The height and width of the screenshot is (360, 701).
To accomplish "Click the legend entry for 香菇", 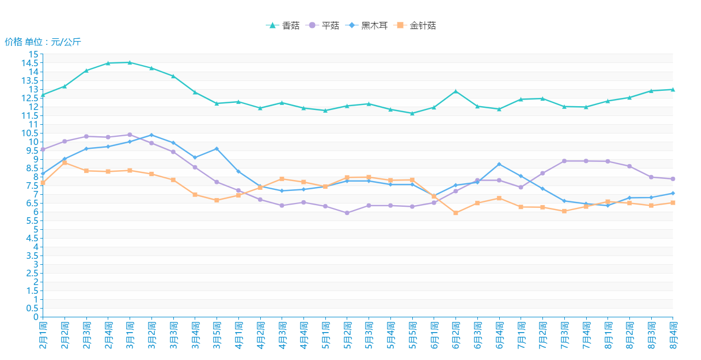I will point(283,26).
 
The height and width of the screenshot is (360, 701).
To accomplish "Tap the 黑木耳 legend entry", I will point(367,26).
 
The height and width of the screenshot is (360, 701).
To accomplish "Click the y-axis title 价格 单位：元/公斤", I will point(43,42).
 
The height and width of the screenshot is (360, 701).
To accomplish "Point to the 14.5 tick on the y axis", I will point(33,63).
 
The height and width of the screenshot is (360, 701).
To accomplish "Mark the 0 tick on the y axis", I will point(36,317).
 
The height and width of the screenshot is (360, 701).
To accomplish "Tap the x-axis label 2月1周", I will point(43,335).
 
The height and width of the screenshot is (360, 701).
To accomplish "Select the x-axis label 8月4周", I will point(673,335).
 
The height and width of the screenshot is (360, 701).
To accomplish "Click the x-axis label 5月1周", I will point(325,335).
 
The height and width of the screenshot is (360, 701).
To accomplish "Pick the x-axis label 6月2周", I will point(455,335).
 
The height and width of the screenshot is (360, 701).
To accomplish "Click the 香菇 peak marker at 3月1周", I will point(130,62).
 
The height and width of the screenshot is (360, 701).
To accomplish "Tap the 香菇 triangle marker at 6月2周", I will point(455,91).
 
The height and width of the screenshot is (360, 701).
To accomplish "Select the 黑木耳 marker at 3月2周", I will point(151,135).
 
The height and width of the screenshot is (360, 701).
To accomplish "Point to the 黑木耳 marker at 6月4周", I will point(499,164).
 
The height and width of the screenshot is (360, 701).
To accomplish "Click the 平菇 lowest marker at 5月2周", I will point(347,213).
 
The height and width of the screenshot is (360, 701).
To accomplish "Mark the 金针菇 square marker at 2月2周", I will point(65,162).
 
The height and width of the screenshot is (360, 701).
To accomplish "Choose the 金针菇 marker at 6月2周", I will point(455,213).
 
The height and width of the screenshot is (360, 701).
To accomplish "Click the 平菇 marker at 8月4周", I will point(673,179).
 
